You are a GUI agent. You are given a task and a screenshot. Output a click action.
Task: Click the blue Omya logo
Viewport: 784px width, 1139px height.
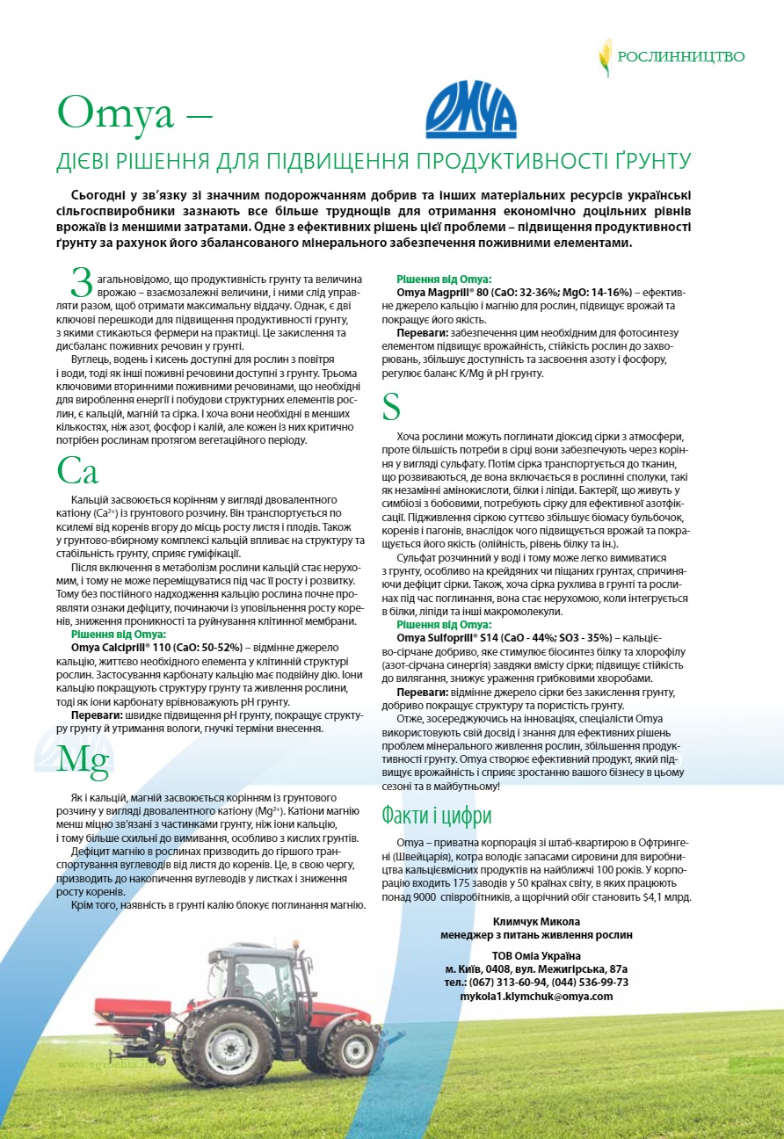tap(470, 110)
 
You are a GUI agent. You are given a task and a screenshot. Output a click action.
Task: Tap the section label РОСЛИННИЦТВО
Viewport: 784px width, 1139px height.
tap(681, 57)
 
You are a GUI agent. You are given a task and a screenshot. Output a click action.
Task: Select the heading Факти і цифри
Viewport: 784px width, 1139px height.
tap(436, 816)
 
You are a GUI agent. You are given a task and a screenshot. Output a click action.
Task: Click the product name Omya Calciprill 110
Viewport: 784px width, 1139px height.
tap(120, 648)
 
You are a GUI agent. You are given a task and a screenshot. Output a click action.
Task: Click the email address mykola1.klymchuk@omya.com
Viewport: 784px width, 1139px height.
tap(536, 997)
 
